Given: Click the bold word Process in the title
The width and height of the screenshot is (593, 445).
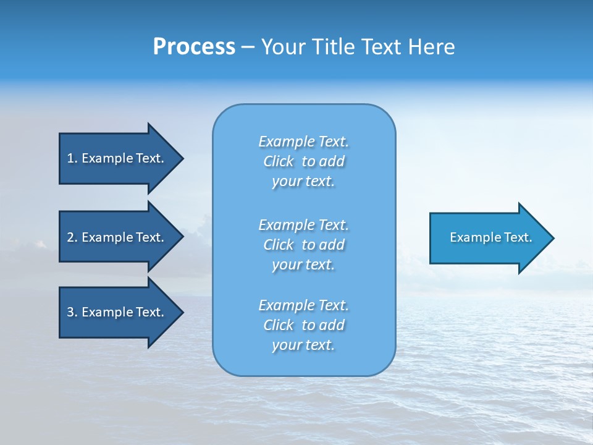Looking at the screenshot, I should pyautogui.click(x=194, y=47).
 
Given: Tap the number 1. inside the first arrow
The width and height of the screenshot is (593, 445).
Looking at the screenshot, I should pyautogui.click(x=72, y=158).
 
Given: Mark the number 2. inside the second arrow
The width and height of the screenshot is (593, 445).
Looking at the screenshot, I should pyautogui.click(x=72, y=237).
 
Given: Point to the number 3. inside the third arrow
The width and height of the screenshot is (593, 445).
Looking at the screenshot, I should pyautogui.click(x=72, y=312).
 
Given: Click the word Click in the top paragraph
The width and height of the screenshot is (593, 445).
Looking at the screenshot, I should pyautogui.click(x=279, y=161).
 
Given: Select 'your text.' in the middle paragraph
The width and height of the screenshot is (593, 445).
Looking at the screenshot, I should pyautogui.click(x=303, y=265).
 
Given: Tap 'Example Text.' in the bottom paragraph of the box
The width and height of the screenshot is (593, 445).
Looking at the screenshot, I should pyautogui.click(x=304, y=305).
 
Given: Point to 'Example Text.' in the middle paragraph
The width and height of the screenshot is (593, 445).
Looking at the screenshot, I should pyautogui.click(x=304, y=225).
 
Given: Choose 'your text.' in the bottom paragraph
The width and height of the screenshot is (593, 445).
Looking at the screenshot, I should pyautogui.click(x=303, y=345).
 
